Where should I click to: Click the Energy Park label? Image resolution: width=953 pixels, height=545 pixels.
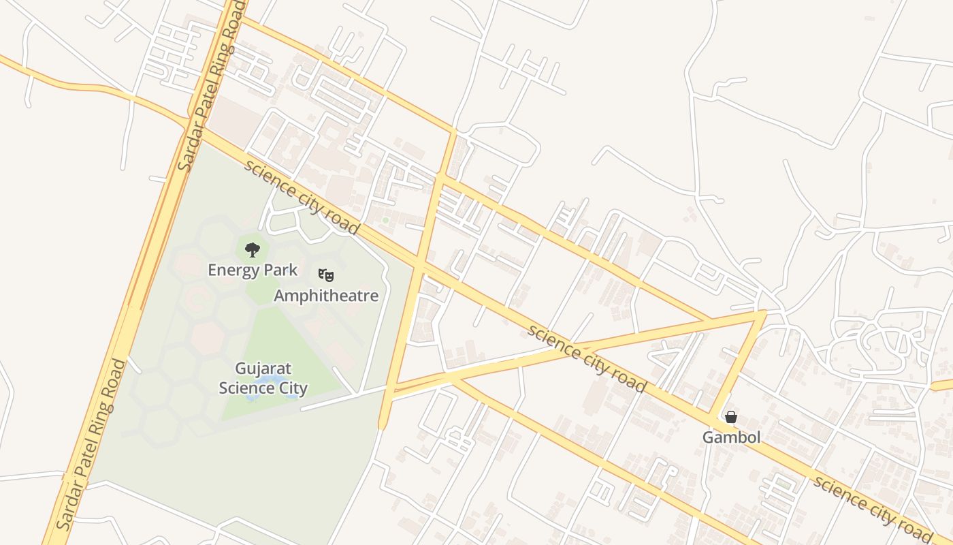click(x=253, y=270)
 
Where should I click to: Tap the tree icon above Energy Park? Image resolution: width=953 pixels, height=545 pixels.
click(x=253, y=250)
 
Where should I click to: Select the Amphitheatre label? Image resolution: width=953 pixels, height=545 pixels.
click(x=326, y=296)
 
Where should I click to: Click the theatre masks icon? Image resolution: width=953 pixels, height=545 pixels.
click(x=326, y=275)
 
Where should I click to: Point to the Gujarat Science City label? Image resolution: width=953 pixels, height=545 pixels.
click(x=263, y=378)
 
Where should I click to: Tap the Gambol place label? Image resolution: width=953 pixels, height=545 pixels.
click(x=731, y=437)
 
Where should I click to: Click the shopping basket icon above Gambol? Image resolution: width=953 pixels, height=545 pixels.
click(x=731, y=417)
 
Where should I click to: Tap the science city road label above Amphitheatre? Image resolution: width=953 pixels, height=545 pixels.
click(x=302, y=197)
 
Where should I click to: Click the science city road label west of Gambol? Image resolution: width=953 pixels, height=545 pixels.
click(x=587, y=358)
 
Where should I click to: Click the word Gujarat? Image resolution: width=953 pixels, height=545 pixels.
click(x=263, y=369)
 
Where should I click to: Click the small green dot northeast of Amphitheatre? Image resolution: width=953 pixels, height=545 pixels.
click(x=385, y=220)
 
